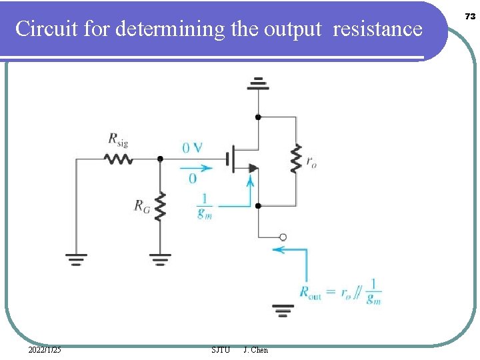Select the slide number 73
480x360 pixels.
point(469,16)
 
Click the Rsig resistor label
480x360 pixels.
point(117,139)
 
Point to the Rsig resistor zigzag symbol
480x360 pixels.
point(118,159)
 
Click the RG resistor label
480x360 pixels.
point(142,207)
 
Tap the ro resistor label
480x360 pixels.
point(311,161)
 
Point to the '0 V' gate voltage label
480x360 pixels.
point(193,147)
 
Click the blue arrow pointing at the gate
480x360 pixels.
point(196,167)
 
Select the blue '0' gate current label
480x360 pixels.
point(192,179)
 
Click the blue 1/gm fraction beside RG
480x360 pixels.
point(204,206)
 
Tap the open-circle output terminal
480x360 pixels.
point(283,237)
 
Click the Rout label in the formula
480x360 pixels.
point(310,292)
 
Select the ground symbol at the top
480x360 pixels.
point(258,84)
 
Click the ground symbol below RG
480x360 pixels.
point(160,258)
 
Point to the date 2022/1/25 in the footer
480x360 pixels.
point(45,350)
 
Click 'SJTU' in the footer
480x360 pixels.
point(220,350)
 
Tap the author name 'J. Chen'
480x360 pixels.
point(256,350)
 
